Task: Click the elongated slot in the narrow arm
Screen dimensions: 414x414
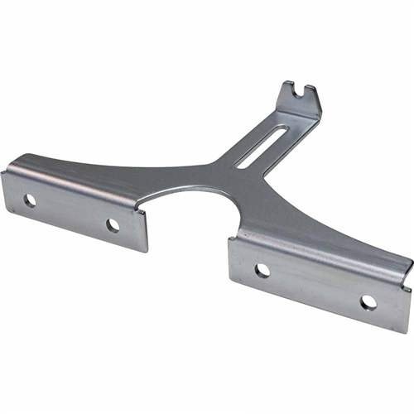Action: [x=261, y=147]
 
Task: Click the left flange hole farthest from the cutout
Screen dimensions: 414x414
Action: [x=30, y=200]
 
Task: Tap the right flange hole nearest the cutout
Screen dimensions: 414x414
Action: [x=262, y=270]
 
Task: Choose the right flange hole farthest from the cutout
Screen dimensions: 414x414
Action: [x=368, y=303]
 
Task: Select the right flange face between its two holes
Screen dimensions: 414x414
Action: [x=315, y=286]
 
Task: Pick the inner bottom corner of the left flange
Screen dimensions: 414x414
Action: [x=146, y=251]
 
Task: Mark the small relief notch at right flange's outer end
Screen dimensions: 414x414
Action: [x=406, y=286]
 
